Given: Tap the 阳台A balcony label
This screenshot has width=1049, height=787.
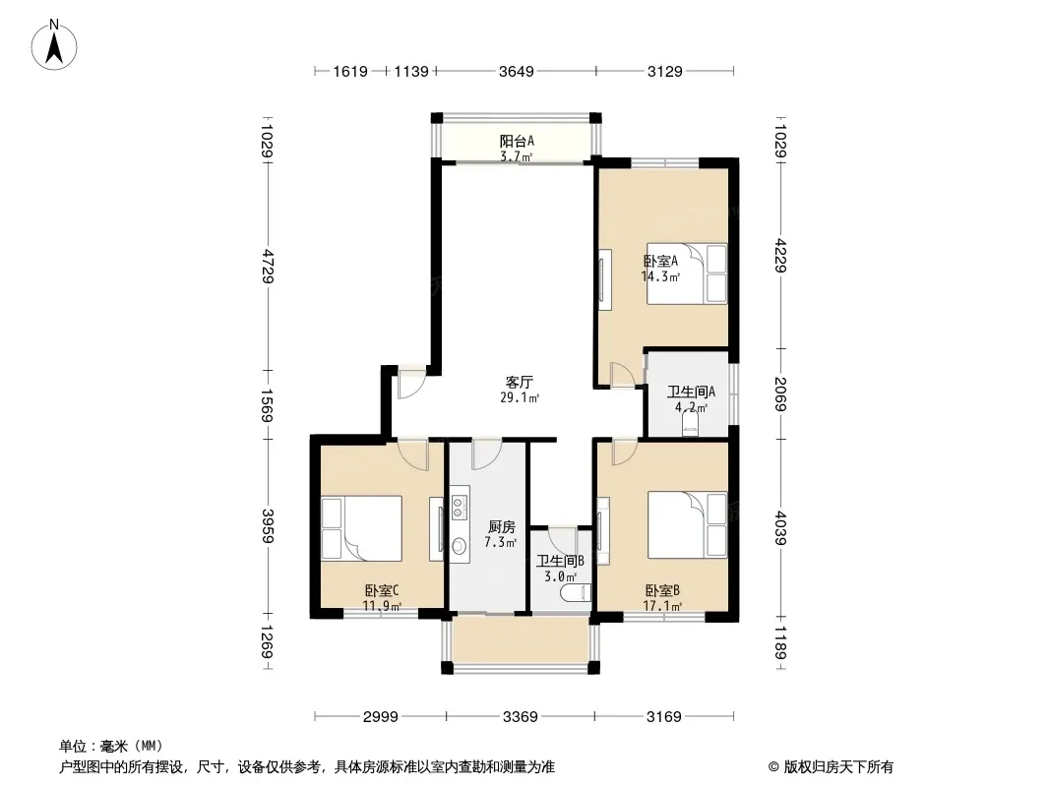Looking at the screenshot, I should click(517, 141).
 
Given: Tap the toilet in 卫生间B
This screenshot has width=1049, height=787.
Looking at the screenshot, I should click(581, 591).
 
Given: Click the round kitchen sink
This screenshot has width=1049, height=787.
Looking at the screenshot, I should click(459, 547).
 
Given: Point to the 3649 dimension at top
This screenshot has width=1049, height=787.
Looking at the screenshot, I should click(517, 71).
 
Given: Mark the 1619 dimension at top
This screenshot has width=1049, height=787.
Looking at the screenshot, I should click(350, 71).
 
